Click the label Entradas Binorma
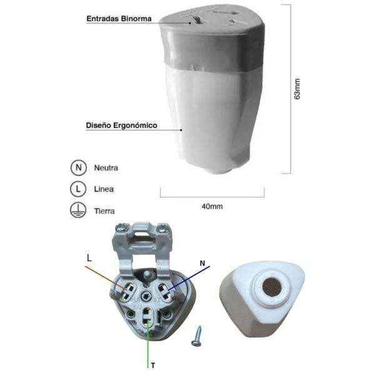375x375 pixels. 119,19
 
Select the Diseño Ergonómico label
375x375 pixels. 121,126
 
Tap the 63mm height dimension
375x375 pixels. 297,89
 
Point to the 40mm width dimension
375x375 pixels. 212,206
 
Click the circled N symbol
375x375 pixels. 78,167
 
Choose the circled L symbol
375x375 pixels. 78,189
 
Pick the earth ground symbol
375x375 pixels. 78,210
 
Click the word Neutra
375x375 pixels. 106,168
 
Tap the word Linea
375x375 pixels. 104,189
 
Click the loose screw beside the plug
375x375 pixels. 197,336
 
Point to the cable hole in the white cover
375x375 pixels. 271,286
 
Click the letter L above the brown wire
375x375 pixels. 89,258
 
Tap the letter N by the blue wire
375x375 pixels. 202,263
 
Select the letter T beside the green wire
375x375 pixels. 153,366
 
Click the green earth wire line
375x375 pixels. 148,344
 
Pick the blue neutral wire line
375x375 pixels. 189,278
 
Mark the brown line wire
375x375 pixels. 106,278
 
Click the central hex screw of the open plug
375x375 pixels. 146,297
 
